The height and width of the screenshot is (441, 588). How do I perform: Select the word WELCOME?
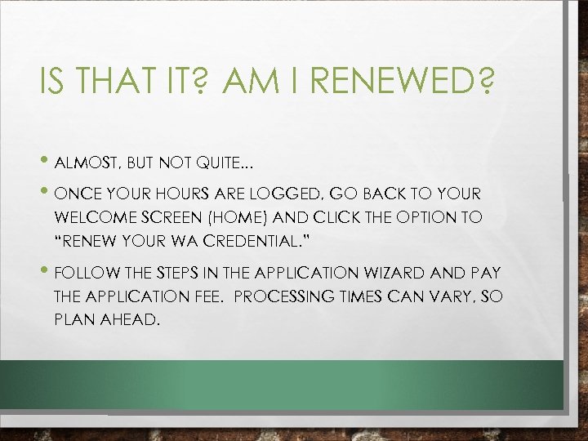point(92,218)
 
